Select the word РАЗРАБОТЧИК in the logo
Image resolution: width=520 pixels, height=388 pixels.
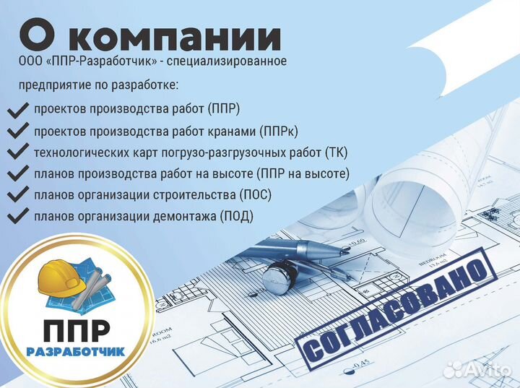(x=75, y=352)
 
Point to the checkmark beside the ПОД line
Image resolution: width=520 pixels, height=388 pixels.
(x=17, y=216)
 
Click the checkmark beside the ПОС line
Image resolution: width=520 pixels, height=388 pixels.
(x=17, y=195)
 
